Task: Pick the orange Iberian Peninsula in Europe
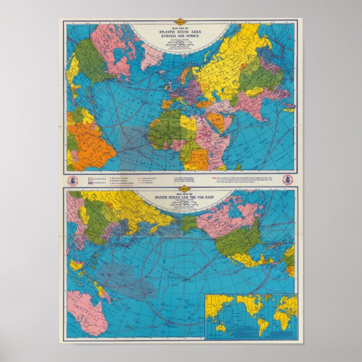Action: coord(167,105)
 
